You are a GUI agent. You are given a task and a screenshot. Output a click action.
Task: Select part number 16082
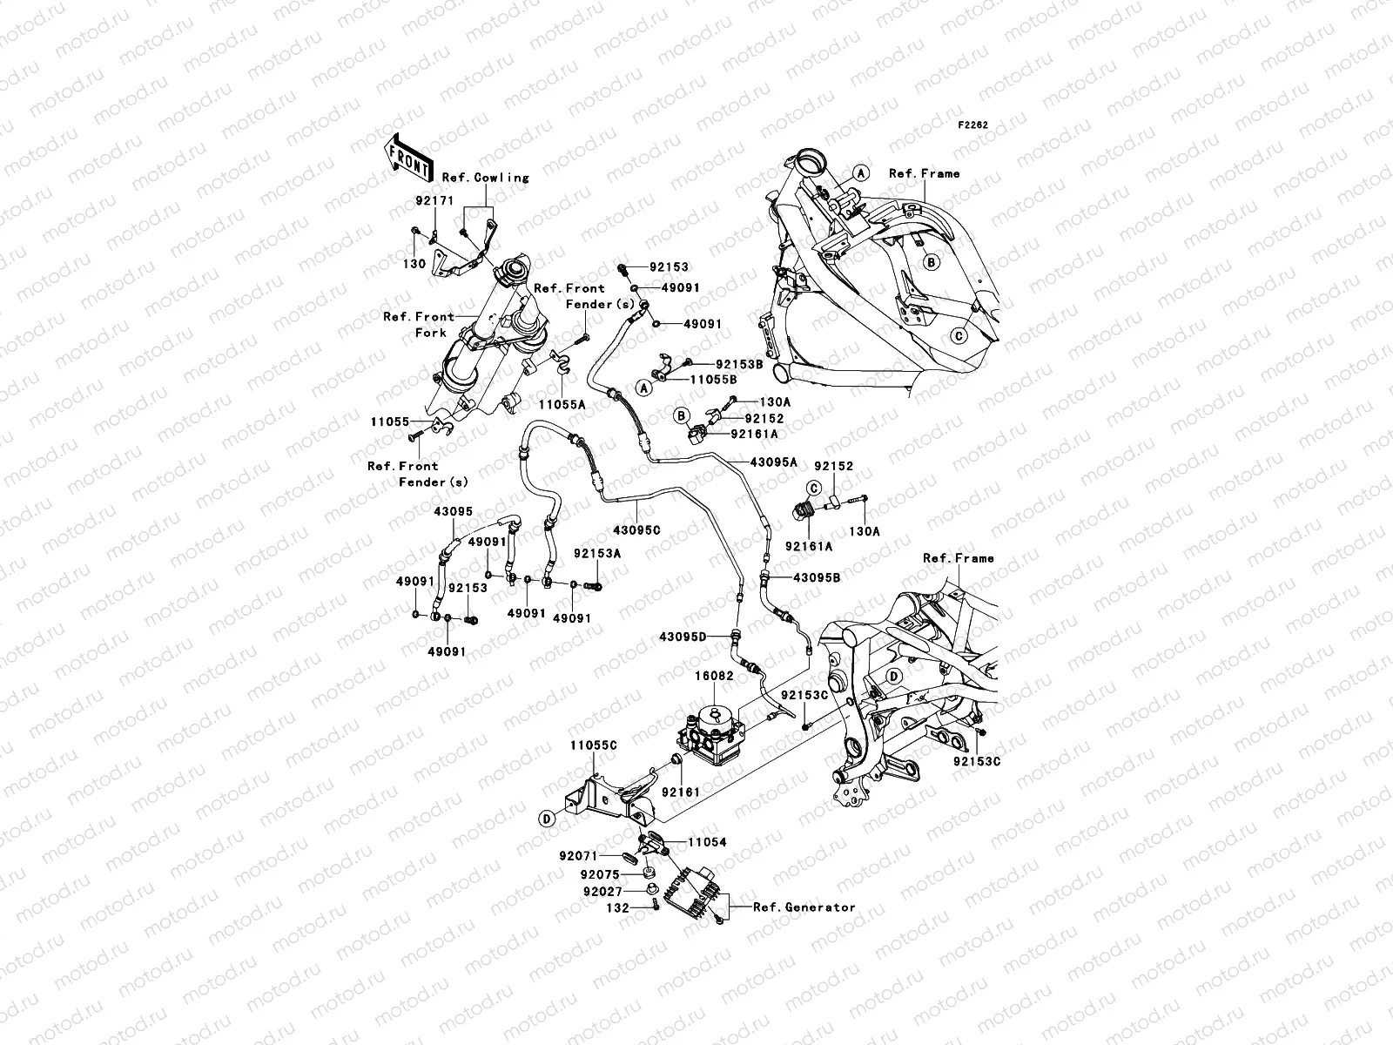tap(712, 675)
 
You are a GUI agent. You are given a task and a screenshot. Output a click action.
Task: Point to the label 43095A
tap(773, 462)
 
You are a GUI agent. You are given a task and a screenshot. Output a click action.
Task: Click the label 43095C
tap(636, 529)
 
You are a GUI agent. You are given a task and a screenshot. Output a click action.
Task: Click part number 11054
tap(707, 843)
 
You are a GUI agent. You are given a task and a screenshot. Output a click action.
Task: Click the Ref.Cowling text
tap(485, 177)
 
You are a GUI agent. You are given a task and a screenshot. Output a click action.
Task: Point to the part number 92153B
tap(739, 365)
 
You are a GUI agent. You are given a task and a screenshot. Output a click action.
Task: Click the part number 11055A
tap(561, 405)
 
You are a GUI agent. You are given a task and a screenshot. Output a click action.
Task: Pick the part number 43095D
tap(683, 637)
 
